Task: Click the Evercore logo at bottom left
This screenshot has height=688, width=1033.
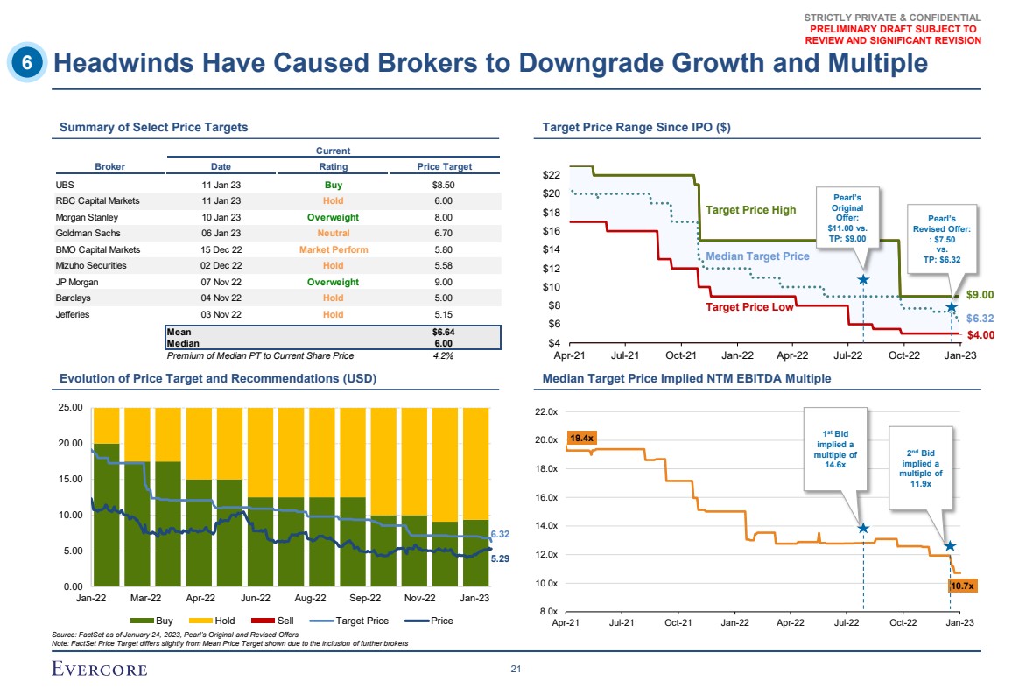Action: click(100, 670)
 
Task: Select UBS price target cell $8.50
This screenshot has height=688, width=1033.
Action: click(443, 186)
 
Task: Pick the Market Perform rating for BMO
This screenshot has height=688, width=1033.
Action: click(333, 249)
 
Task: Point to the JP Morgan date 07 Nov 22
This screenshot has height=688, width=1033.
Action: click(215, 282)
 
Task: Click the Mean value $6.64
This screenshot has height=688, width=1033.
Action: click(443, 333)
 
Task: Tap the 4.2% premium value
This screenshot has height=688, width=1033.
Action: click(443, 355)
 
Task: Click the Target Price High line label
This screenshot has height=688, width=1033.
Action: click(750, 210)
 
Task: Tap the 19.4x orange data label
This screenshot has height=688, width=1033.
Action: click(582, 437)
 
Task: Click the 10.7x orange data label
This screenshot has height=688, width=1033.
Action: click(962, 586)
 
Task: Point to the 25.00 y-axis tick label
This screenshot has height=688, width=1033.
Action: click(71, 408)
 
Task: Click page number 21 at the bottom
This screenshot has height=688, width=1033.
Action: click(516, 670)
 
